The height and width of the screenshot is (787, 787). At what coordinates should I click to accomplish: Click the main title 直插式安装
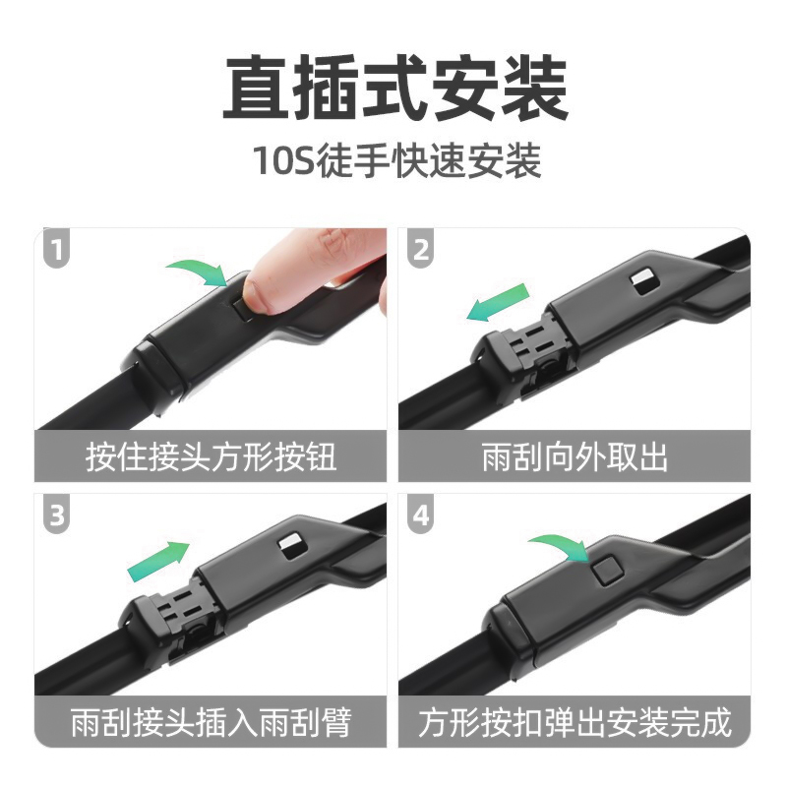click(394, 89)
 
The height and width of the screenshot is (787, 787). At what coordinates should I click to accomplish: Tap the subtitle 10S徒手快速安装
click(394, 161)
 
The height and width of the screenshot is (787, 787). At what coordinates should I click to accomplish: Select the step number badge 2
click(421, 251)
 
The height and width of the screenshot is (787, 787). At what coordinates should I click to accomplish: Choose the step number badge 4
click(421, 515)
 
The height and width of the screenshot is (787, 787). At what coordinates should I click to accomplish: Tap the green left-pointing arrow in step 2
click(498, 302)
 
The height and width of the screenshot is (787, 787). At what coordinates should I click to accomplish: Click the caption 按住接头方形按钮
click(211, 457)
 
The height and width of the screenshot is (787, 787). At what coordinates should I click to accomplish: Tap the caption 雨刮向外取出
click(575, 457)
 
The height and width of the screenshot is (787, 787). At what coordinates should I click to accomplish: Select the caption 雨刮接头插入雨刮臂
click(211, 723)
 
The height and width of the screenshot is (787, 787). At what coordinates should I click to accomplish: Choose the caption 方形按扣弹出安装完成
click(575, 723)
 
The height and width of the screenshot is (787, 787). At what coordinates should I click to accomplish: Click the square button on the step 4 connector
click(604, 572)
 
